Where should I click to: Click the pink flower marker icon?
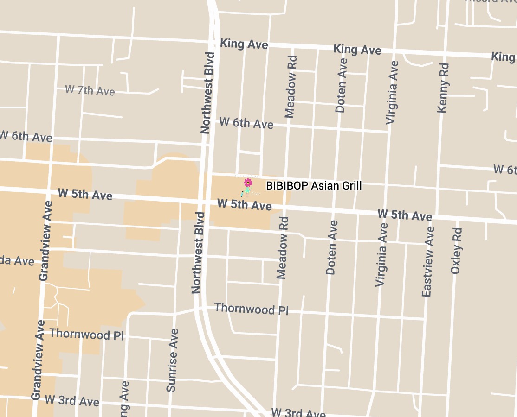click(x=248, y=183)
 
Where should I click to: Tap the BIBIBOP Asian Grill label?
click(x=314, y=186)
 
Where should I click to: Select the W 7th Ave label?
click(x=90, y=90)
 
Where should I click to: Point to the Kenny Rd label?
click(x=444, y=88)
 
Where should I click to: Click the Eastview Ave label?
click(x=427, y=262)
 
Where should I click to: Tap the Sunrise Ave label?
click(x=172, y=360)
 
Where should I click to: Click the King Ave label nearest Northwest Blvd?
click(x=244, y=44)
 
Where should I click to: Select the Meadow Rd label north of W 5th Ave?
click(x=291, y=87)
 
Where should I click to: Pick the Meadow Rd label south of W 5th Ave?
click(x=282, y=248)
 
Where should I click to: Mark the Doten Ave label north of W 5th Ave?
click(x=341, y=85)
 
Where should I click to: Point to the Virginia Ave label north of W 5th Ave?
click(x=392, y=92)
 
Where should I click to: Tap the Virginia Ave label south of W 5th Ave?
click(x=381, y=254)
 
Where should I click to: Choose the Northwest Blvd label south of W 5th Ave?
click(x=198, y=253)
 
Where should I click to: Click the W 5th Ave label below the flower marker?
click(x=244, y=204)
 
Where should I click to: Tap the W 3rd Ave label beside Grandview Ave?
click(x=72, y=400)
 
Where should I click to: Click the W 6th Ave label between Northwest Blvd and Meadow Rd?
click(x=246, y=123)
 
